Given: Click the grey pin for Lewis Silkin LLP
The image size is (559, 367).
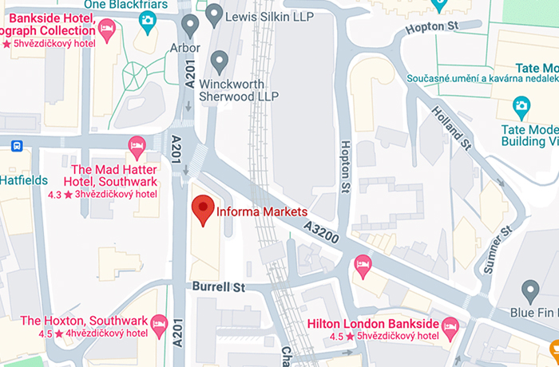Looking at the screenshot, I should [214, 14].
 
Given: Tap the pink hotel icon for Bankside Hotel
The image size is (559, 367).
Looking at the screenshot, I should [107, 29].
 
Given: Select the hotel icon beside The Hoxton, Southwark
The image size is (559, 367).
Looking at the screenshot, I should [159, 323].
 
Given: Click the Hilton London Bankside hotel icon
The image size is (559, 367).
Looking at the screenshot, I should [450, 325].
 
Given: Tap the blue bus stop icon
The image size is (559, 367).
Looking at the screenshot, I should [16, 146].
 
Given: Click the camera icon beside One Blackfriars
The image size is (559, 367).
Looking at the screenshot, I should [148, 21].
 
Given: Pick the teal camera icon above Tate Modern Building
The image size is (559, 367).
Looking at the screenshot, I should [521, 105].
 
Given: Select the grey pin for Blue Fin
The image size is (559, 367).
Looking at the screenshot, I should [529, 290].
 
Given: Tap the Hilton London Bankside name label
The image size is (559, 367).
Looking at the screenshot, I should [372, 324].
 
